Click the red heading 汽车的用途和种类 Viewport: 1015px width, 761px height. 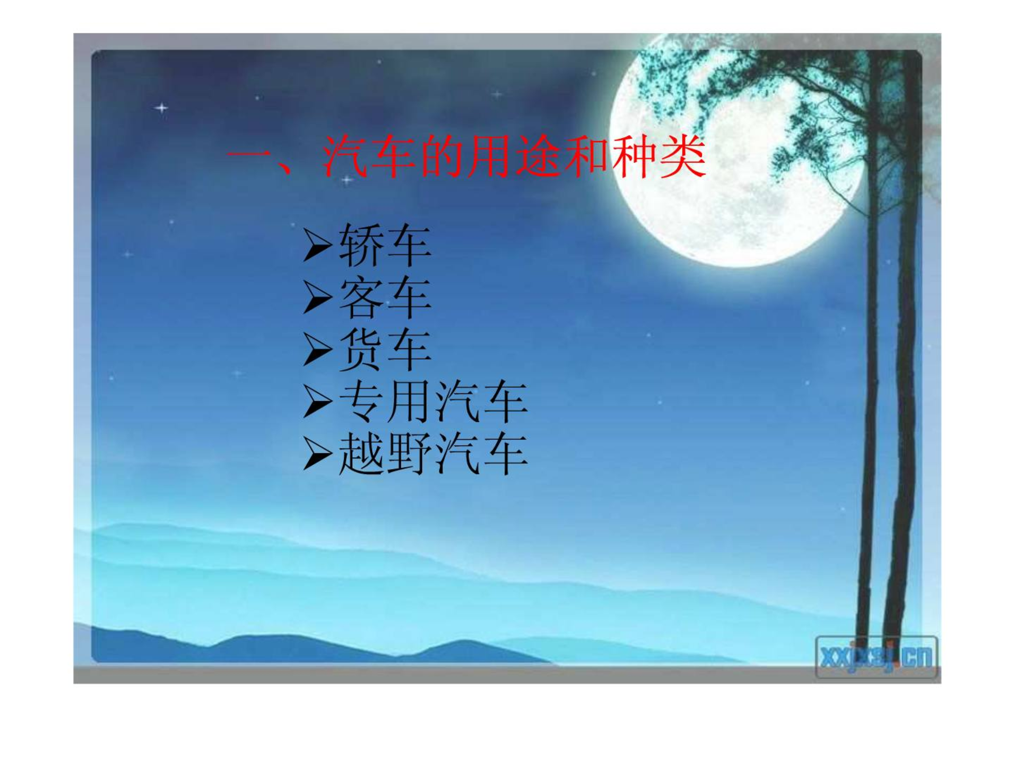(x=514, y=156)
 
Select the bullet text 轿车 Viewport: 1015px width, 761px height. (x=385, y=245)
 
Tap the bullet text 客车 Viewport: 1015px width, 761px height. (x=385, y=297)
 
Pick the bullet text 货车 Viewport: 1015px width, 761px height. (x=385, y=349)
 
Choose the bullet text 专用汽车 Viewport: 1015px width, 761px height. (x=433, y=402)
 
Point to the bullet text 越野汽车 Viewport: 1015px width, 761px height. (x=433, y=453)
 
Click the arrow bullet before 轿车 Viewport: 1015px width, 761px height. (x=318, y=245)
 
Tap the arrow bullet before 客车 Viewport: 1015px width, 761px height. (x=318, y=298)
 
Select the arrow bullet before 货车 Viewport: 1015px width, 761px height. (x=318, y=350)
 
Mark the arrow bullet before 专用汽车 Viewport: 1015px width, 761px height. (x=318, y=402)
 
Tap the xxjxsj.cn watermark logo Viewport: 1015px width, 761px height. (x=876, y=657)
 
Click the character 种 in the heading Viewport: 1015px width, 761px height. (x=635, y=156)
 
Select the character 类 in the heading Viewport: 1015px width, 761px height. (x=683, y=156)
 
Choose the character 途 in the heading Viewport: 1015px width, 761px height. (x=538, y=156)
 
